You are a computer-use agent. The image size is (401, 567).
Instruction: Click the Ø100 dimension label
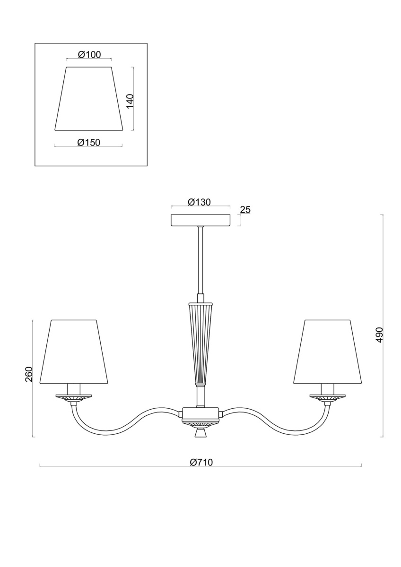point(89,55)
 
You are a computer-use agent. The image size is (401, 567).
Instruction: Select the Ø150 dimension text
point(88,143)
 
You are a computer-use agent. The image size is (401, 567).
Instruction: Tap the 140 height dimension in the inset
point(130,101)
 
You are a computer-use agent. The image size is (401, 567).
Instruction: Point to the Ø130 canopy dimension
point(199,202)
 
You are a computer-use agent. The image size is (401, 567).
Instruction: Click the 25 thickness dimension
point(244,210)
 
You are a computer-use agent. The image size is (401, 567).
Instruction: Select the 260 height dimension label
point(29,374)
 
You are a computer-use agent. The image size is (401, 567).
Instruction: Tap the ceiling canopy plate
point(200,220)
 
